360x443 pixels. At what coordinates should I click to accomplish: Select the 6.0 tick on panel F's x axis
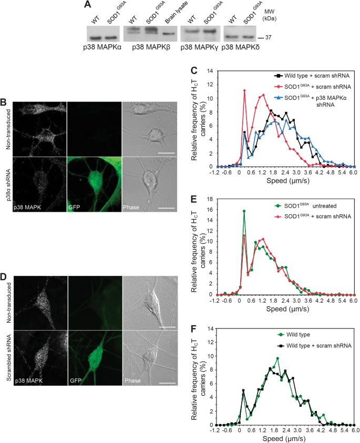[x=352, y=431]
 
